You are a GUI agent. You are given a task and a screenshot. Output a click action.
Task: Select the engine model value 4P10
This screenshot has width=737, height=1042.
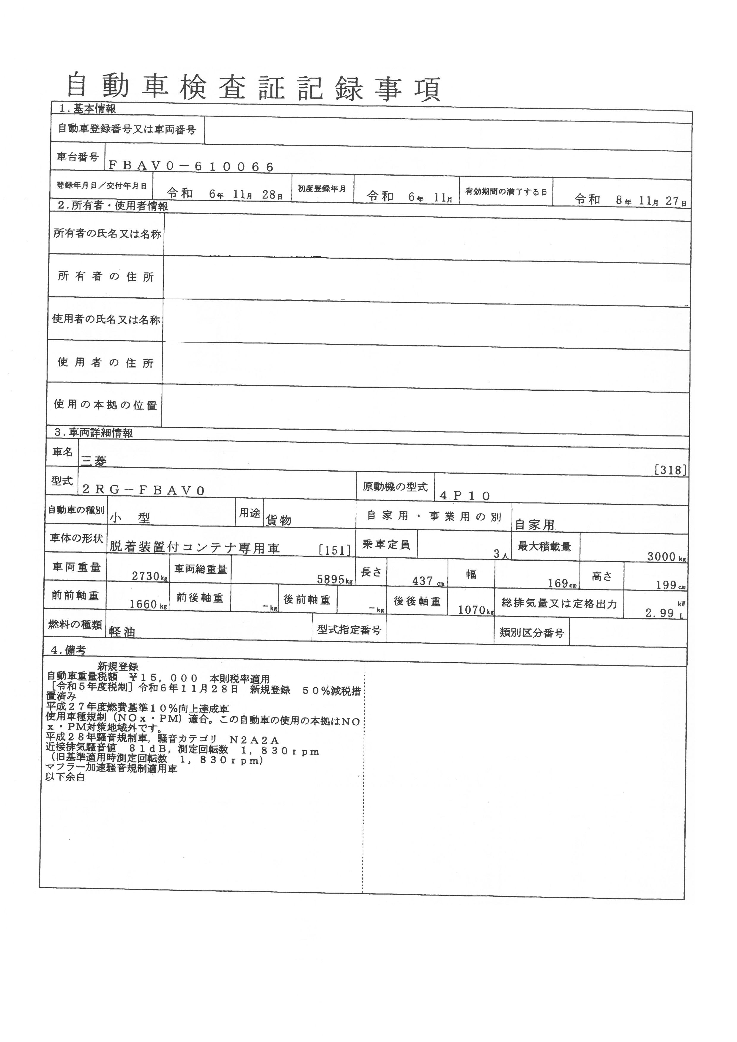click(465, 496)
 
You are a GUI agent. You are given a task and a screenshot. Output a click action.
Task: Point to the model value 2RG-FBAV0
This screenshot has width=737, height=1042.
click(144, 490)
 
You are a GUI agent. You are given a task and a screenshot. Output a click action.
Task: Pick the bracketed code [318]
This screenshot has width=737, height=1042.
click(671, 470)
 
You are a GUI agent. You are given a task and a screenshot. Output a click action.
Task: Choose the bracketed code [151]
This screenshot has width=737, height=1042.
click(335, 550)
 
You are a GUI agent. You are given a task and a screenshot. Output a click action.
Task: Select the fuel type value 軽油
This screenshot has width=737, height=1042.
click(122, 632)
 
